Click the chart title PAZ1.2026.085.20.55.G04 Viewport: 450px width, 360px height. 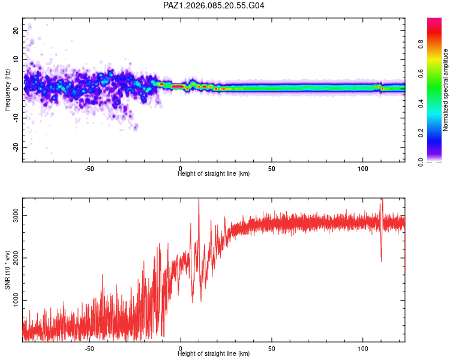tap(214, 5)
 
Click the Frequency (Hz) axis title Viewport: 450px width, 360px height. tap(7, 89)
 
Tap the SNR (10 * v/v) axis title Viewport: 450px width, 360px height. tap(7, 269)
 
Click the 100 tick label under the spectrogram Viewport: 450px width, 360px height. tap(363, 168)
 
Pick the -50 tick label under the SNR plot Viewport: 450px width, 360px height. tap(89, 348)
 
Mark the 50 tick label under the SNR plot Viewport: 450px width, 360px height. tap(272, 348)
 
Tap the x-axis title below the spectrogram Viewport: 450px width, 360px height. tap(214, 173)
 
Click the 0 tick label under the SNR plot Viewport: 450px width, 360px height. tap(181, 348)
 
